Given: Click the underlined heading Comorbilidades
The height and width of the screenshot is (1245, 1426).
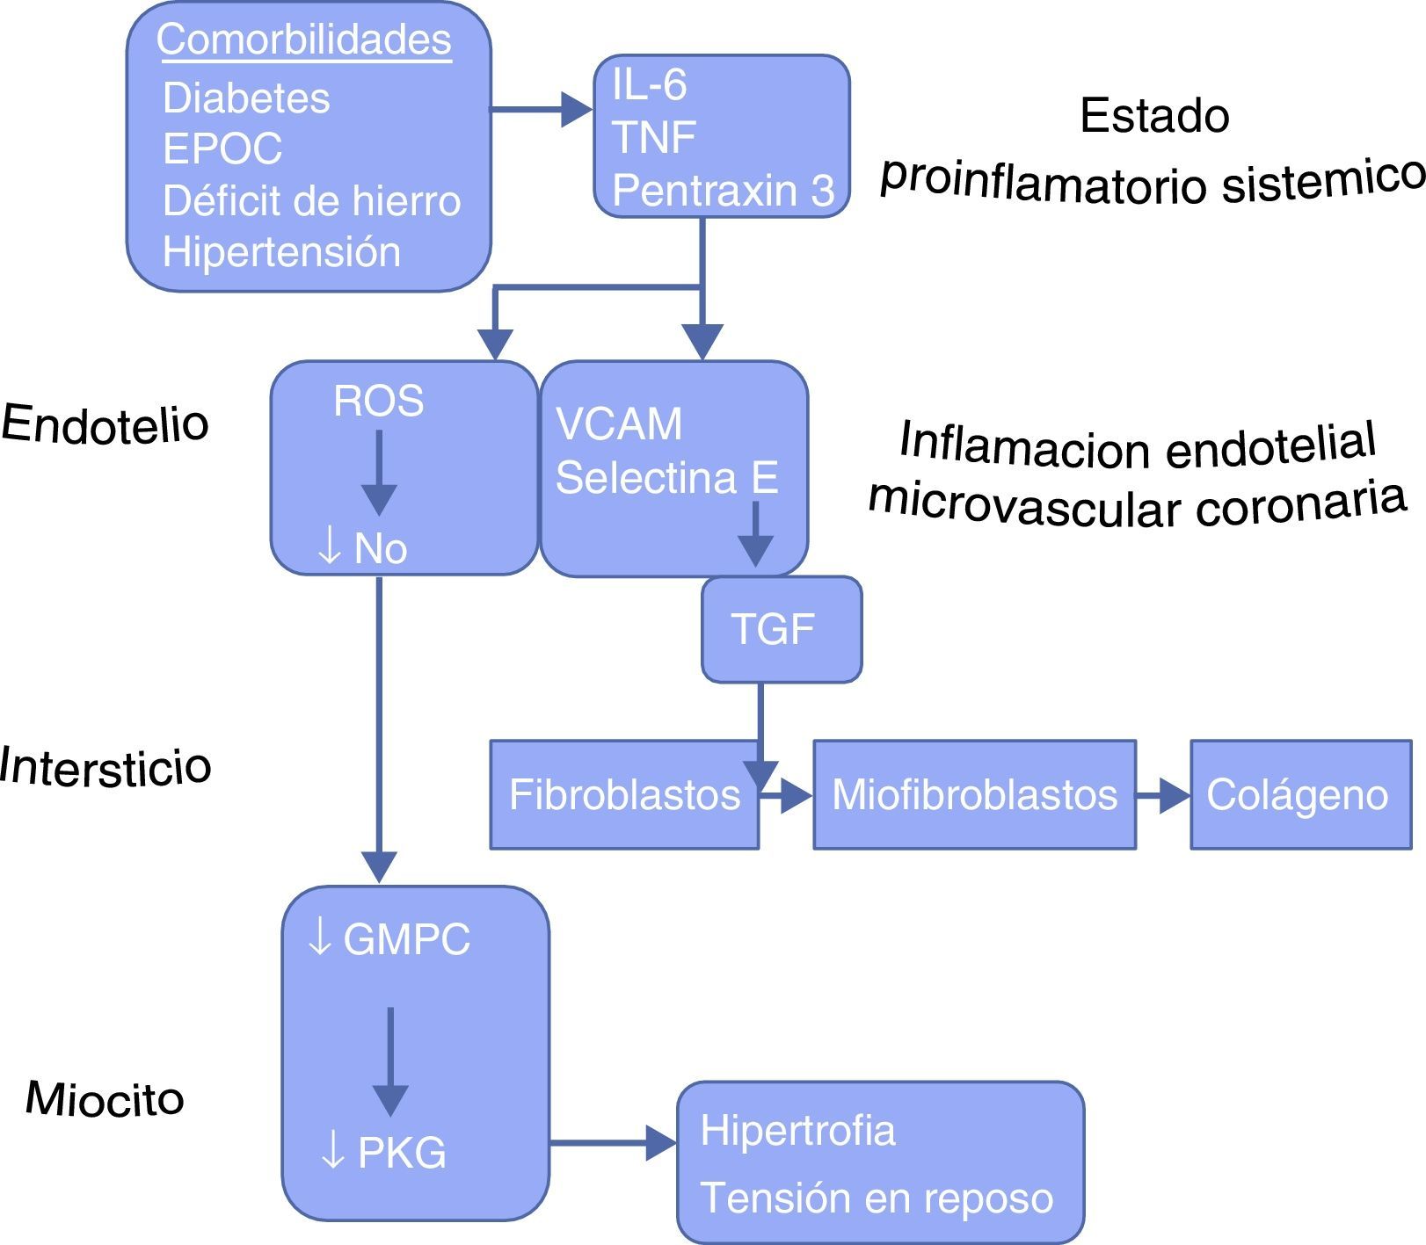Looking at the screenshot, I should coord(304,40).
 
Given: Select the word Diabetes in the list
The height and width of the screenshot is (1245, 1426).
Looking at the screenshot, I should coord(246,98).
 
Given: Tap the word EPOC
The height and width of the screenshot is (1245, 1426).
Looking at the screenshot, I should coord(222,148).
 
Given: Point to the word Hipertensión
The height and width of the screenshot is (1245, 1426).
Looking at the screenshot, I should coord(281,252).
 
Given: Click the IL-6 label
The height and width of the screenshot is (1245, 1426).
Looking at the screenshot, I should coord(650,85).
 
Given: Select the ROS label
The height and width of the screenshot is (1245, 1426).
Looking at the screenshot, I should coord(379,402).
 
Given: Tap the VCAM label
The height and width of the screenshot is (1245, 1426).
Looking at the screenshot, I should coord(619,424).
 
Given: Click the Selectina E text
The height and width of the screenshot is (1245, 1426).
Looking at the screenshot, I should coord(667,479).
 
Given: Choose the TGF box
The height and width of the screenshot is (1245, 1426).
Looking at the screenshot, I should coord(781,629).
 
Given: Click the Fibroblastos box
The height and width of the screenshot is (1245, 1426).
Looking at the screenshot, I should coord(624,794).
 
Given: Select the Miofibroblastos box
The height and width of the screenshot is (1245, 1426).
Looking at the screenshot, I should coord(974,794).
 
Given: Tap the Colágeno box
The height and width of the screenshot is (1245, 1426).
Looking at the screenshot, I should coord(1300,794).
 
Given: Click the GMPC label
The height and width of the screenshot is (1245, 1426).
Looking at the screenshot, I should coord(406,939).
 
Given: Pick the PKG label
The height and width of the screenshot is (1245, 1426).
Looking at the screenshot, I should coord(402,1152).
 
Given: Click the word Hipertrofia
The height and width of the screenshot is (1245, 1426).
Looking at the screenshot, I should coord(797,1130).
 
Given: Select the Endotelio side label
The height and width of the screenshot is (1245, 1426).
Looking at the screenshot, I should coord(105,423).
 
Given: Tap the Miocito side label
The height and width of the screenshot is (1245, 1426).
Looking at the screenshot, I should coord(105,1098).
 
